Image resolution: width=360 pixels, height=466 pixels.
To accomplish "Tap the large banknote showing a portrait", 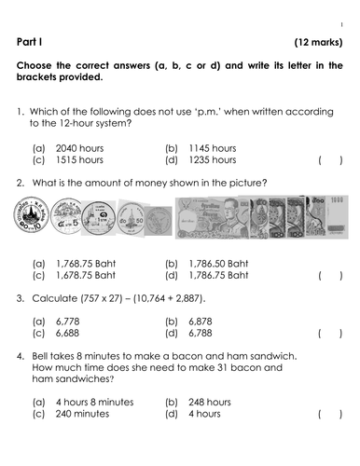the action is [x=216, y=220].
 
